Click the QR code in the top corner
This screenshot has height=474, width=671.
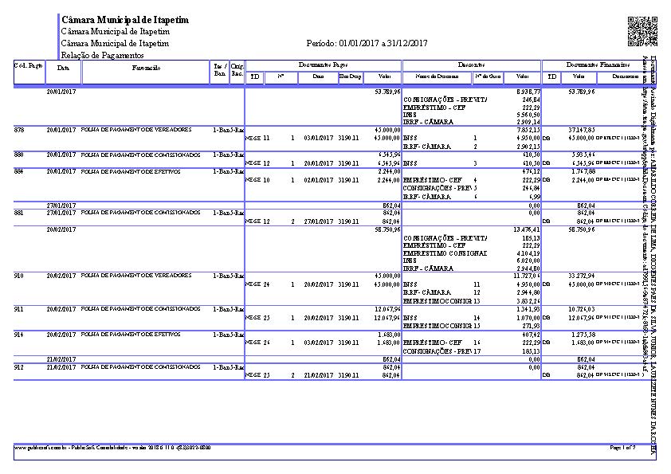[642, 31]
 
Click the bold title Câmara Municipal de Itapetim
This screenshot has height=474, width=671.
[124, 19]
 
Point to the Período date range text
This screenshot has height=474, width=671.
[367, 43]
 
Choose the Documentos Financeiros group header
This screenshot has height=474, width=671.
[598, 64]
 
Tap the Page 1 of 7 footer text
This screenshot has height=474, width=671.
[622, 448]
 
